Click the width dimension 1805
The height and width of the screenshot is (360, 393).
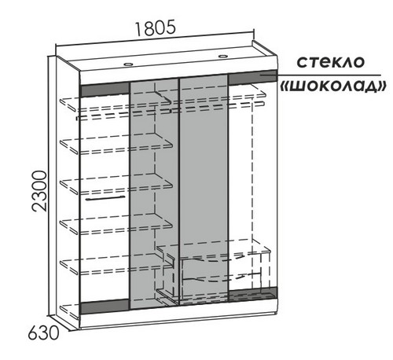[155, 28]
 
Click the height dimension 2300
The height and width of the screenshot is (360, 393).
[39, 191]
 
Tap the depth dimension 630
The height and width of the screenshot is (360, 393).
[43, 333]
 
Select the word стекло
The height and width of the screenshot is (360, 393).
[330, 62]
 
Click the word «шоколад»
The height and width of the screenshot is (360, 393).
[333, 86]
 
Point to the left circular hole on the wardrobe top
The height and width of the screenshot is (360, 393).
[128, 64]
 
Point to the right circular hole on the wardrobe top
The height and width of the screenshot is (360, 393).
[223, 57]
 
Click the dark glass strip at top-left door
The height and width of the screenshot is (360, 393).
[105, 90]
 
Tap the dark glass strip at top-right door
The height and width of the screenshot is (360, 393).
[252, 77]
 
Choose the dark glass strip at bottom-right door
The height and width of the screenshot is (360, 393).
[252, 294]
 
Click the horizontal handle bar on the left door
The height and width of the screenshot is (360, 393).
[105, 198]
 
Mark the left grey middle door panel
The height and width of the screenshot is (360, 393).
[155, 194]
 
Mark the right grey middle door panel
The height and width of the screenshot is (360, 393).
[204, 190]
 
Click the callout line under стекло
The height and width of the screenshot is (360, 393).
[320, 75]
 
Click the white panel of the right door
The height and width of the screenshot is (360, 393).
[252, 186]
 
